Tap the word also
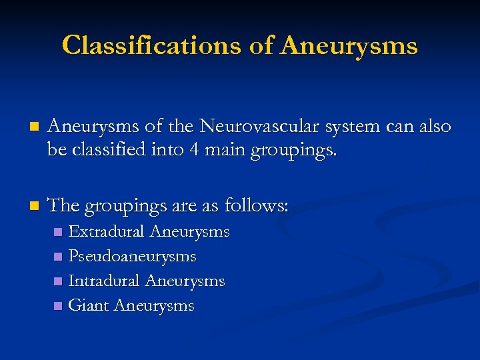tap(433, 127)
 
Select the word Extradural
tap(107, 232)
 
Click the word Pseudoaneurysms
tap(132, 257)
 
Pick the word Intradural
tap(105, 281)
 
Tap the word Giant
tap(89, 306)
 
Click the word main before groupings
tap(225, 151)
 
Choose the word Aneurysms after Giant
tap(154, 306)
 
